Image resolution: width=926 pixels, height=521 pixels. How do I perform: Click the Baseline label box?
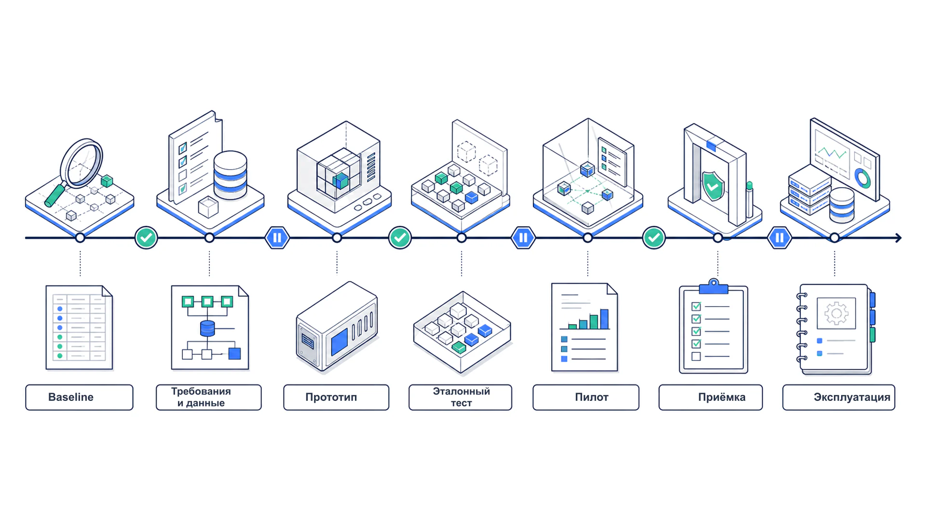[x=79, y=397]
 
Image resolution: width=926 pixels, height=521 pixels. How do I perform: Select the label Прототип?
[x=336, y=397]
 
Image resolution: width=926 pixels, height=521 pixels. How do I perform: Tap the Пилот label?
[x=586, y=397]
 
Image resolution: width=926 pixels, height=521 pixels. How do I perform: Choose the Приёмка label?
[x=711, y=397]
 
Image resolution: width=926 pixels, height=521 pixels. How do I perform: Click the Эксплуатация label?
[x=839, y=397]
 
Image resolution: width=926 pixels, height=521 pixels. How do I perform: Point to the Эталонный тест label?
[x=461, y=397]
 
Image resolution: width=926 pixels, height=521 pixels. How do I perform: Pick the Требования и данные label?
[x=209, y=397]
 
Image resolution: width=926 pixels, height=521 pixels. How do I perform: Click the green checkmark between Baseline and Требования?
[x=146, y=238]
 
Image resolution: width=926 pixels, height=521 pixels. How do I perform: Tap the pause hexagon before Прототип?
[x=277, y=238]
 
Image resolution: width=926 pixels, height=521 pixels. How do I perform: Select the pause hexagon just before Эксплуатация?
[x=779, y=238]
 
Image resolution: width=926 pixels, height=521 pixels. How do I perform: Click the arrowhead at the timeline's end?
[x=899, y=238]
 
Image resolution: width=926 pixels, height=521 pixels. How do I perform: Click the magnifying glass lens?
[x=82, y=163]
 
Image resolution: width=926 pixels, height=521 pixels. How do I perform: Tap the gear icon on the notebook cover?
[x=836, y=314]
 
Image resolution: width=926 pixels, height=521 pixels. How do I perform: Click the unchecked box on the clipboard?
[x=696, y=356]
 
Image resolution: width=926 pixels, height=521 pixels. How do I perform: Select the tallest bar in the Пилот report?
[x=604, y=319]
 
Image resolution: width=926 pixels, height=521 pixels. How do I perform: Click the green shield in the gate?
[x=713, y=186]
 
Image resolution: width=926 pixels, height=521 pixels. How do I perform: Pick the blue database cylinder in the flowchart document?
[x=207, y=329]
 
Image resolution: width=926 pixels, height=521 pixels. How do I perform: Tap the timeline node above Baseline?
[x=80, y=238]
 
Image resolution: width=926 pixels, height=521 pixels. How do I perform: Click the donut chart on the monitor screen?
[x=862, y=178]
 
